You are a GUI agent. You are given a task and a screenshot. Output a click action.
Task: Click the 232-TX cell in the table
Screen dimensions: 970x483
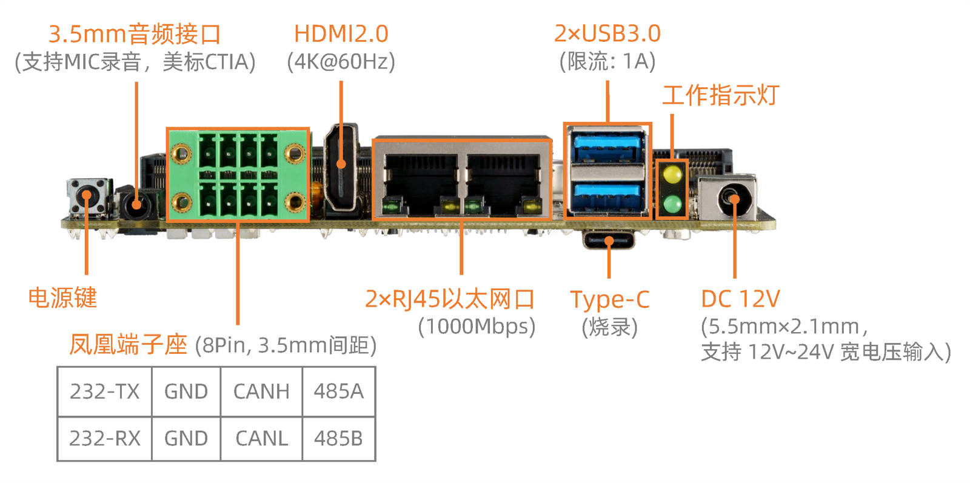point(105,391)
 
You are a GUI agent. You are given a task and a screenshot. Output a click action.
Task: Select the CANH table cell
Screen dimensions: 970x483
point(261,391)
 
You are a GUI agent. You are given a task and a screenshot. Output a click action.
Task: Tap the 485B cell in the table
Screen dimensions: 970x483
point(339,438)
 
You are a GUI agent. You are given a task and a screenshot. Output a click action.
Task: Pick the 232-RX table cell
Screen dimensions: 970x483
point(105,438)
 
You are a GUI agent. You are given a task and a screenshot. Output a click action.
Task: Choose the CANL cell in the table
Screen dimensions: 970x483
point(261,438)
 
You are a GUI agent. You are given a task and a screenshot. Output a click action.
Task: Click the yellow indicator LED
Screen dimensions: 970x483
point(672,175)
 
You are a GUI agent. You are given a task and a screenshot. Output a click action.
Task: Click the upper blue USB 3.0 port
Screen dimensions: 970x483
point(607,147)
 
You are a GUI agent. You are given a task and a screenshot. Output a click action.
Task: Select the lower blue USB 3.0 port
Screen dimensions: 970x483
point(607,198)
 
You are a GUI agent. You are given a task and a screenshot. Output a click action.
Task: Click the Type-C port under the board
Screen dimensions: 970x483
point(609,240)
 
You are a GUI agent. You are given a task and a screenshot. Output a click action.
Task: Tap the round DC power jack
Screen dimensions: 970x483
point(733,199)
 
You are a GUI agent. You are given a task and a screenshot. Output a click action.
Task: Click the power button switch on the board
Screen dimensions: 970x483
point(87,196)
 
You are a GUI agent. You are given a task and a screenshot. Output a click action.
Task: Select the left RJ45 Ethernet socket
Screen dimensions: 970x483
point(421,184)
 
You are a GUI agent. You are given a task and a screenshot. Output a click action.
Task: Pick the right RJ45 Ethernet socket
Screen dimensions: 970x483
point(503,184)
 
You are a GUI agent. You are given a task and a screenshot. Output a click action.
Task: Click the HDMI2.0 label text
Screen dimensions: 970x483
point(341,34)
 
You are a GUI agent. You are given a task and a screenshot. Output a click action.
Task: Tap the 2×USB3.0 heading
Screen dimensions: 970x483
point(607,33)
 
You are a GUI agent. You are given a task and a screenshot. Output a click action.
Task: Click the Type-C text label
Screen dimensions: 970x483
point(610,300)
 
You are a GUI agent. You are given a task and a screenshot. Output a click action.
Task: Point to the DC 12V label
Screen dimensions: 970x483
point(740,299)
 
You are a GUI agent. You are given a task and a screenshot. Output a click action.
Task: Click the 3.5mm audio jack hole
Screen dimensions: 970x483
point(136,204)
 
